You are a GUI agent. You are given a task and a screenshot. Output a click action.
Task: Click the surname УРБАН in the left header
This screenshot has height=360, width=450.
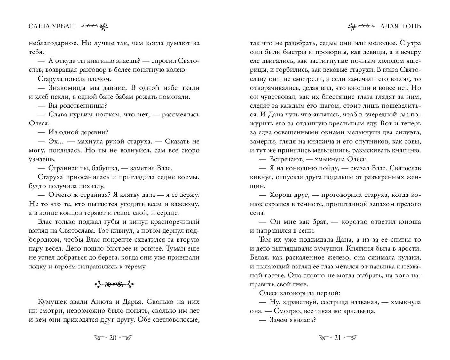[x=61, y=26]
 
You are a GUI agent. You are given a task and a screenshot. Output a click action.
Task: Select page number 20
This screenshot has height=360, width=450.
[x=113, y=338]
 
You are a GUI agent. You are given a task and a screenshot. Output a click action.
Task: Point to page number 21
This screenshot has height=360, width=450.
[x=337, y=338]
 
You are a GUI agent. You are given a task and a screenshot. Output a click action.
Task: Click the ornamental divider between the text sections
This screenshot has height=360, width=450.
[x=114, y=284]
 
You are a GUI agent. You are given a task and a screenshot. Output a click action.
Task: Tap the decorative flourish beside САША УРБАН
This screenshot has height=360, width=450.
[x=94, y=27]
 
